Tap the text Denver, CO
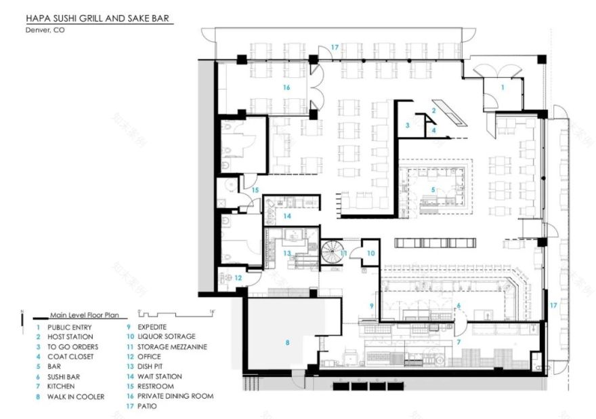45,30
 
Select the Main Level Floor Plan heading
84,315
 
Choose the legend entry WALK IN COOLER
76,397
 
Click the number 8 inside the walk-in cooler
287,343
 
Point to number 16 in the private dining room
286,88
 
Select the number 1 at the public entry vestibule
503,87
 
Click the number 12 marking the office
238,277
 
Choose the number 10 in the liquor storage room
371,253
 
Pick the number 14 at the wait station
287,216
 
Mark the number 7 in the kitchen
459,342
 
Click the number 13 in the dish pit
287,253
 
